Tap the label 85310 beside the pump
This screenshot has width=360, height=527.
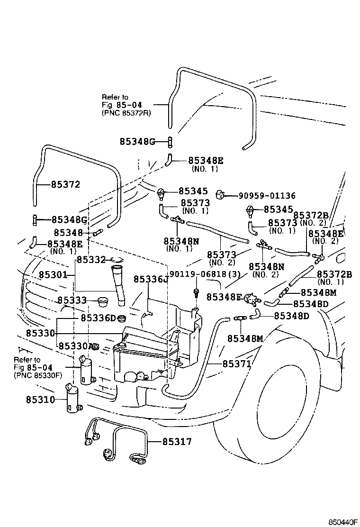pos(40,399)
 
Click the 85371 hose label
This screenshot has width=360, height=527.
pos(236,363)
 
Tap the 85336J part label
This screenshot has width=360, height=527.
pos(151,280)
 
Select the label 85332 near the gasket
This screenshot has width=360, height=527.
pos(91,259)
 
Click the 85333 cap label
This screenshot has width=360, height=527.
pos(72,300)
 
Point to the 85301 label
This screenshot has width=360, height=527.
pos(53,275)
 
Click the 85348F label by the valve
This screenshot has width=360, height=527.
pos(224,297)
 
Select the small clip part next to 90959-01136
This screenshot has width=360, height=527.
pos(220,195)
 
